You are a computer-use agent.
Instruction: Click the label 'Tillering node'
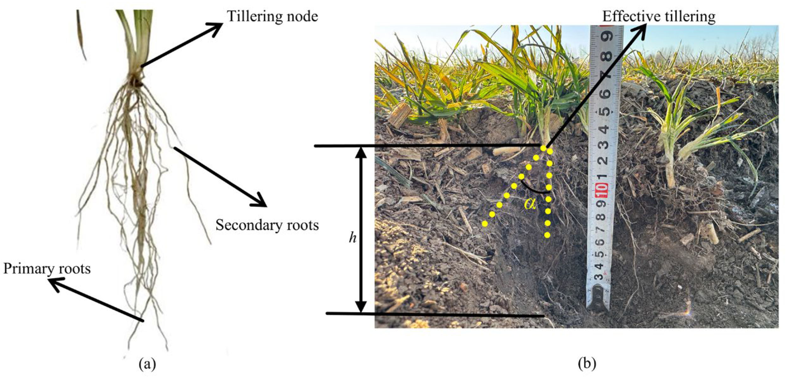(x=272, y=16)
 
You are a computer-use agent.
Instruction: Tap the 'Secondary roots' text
(x=267, y=225)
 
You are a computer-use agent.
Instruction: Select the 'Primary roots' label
(x=47, y=269)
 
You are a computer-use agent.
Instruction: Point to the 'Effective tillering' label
(x=659, y=16)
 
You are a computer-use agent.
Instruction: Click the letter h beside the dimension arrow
(x=352, y=237)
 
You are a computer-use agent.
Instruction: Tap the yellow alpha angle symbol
(x=530, y=203)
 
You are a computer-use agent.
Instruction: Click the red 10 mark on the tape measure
(x=602, y=190)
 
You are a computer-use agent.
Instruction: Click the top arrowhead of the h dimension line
(x=361, y=152)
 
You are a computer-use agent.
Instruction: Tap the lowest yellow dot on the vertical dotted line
(x=547, y=235)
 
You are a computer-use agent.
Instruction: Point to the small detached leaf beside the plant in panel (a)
(x=81, y=35)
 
